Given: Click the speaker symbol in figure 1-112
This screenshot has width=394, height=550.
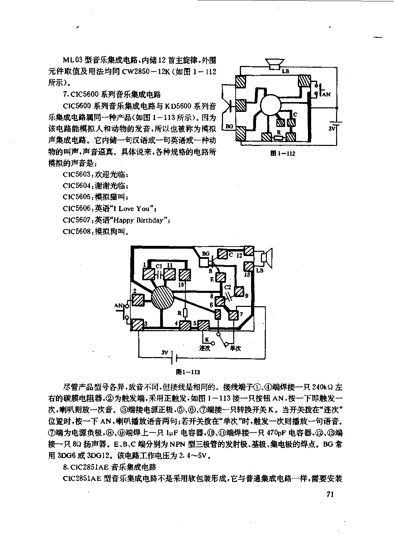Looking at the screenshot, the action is [275, 64].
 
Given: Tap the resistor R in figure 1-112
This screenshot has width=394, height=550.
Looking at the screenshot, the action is [278, 138].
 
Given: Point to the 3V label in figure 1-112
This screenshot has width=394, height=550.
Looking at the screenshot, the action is [332, 128].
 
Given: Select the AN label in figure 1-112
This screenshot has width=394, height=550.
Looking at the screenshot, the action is [326, 94].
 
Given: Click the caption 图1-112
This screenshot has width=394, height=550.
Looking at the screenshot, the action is [282, 154].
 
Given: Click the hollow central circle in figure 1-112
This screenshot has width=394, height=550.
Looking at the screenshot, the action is [270, 105].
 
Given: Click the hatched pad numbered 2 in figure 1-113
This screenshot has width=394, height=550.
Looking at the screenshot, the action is [138, 300].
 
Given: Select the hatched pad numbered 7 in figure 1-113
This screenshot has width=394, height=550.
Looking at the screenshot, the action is [234, 315].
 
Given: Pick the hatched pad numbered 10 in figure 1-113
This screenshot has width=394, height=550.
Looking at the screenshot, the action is [185, 275].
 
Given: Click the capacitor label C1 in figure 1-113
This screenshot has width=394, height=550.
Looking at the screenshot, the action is [159, 266].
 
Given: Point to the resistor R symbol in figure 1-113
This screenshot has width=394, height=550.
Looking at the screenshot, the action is [185, 313].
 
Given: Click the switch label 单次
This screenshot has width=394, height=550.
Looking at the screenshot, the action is [235, 348].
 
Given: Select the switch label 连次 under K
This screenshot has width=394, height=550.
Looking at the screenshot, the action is [204, 348].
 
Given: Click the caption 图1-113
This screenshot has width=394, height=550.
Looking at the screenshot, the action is [188, 372].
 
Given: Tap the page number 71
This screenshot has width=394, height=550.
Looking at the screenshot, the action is [330, 494].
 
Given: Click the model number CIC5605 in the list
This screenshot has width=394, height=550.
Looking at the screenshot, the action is [77, 197].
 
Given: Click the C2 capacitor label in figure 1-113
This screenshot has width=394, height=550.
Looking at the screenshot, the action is [228, 287].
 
